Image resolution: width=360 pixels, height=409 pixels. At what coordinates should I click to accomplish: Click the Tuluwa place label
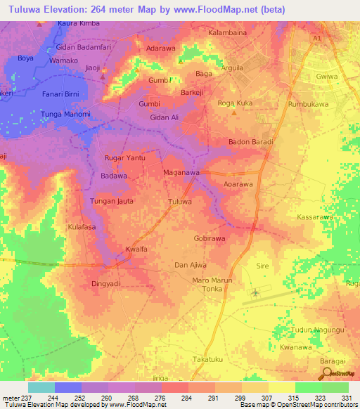point(180,202)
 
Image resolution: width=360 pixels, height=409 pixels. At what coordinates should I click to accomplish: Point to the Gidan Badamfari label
point(84,45)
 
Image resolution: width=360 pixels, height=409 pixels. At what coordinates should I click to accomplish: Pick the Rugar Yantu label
point(124,158)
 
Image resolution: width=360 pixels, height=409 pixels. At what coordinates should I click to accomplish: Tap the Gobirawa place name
point(210,239)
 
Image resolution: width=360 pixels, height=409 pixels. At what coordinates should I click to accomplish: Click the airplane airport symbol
point(255,292)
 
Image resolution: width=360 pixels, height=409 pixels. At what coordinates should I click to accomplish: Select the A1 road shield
point(317,37)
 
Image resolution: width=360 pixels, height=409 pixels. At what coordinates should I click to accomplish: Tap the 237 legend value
point(27,397)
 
